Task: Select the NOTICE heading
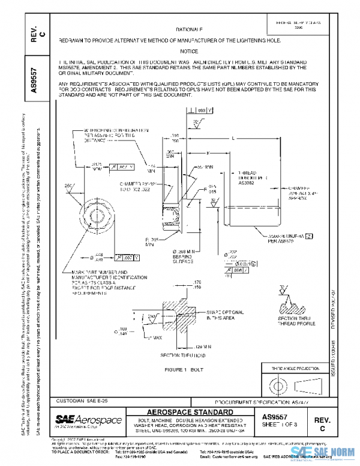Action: [x=189, y=52]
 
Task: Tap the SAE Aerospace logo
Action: [x=88, y=419]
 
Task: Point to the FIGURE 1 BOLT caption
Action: [x=189, y=369]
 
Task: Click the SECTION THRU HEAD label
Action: [x=175, y=356]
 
